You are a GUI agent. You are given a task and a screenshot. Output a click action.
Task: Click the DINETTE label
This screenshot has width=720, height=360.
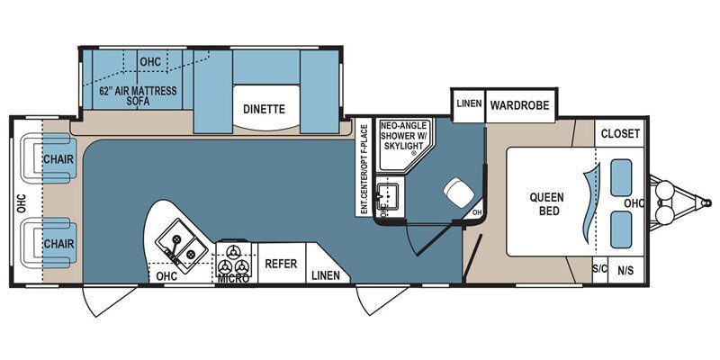[x=264, y=109]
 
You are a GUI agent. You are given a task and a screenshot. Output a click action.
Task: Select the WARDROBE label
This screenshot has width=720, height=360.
[x=519, y=105]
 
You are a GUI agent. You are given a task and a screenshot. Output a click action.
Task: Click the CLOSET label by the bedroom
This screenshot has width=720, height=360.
[x=619, y=133]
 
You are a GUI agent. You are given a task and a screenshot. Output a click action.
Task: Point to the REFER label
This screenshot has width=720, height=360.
[x=280, y=265]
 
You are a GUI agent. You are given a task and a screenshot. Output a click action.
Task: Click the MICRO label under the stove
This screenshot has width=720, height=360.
[x=233, y=279]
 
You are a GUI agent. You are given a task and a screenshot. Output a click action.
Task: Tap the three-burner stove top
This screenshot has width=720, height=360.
[x=234, y=259]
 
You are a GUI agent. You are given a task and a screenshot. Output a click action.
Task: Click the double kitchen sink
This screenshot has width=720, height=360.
[x=180, y=247]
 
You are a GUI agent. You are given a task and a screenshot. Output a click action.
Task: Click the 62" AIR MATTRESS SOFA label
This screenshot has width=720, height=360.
[x=138, y=96]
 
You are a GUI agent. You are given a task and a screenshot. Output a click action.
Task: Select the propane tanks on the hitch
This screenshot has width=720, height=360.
[x=669, y=202]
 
